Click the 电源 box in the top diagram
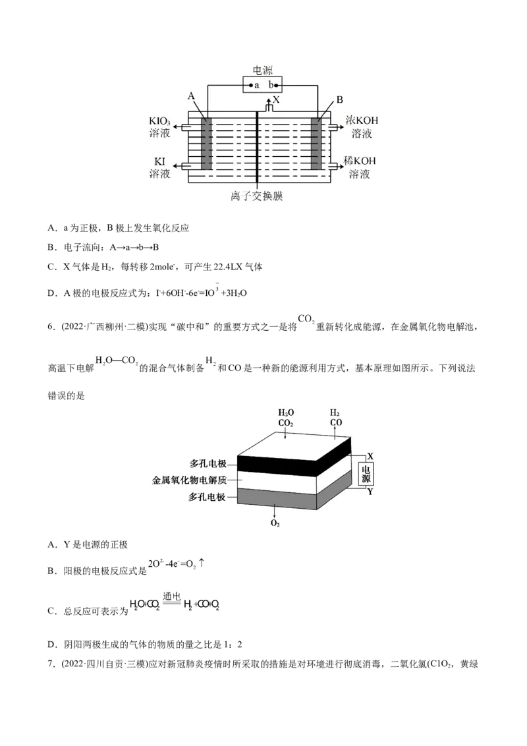(x=263, y=84)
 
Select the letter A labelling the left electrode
(x=191, y=96)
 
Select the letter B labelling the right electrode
(x=340, y=100)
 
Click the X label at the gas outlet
(x=276, y=100)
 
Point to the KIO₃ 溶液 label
(x=162, y=127)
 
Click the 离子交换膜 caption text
(x=256, y=196)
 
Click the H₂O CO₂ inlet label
(x=286, y=417)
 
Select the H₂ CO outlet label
(x=335, y=417)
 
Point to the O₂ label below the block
(x=275, y=523)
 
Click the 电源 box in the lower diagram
(x=366, y=473)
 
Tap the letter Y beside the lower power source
(x=370, y=492)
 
